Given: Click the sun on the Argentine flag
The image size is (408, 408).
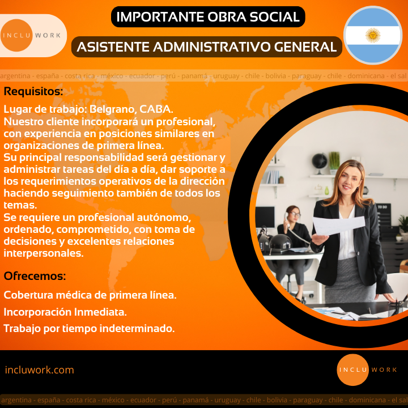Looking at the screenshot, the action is point(373,35).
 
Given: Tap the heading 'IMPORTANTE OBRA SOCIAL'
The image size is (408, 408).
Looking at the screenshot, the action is point(208,17).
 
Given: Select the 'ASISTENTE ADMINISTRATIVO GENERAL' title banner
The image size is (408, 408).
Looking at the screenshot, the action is point(207,47).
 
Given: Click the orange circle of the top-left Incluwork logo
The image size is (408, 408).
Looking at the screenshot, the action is point(16,35).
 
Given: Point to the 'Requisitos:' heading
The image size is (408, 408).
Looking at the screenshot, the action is point(33,91).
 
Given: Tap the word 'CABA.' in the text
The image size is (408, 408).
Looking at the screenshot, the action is point(156,109).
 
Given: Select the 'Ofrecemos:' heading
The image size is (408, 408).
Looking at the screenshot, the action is point(35,276).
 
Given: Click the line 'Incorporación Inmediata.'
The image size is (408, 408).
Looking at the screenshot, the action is point(65,312).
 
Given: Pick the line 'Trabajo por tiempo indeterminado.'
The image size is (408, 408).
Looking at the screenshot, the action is point(89,328).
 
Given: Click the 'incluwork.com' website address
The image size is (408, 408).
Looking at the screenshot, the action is point(39,369).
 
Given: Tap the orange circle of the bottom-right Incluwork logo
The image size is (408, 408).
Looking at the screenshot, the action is point(353,369).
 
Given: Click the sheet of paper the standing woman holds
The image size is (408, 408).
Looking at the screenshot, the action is point(339,225).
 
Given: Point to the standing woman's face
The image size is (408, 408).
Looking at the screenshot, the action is point(348,179).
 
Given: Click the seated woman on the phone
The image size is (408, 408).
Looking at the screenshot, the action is point(294,247).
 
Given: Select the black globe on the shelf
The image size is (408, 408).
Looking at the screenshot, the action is point(319,161).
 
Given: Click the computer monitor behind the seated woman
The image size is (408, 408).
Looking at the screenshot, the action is point(265,218).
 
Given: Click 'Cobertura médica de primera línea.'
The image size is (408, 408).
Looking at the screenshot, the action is point(90,295).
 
